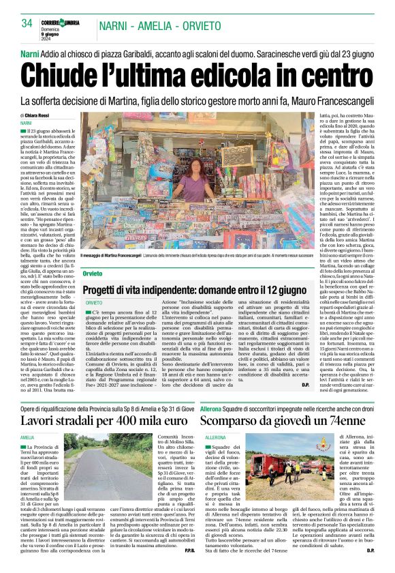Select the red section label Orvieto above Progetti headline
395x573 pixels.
[x=93, y=273]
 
